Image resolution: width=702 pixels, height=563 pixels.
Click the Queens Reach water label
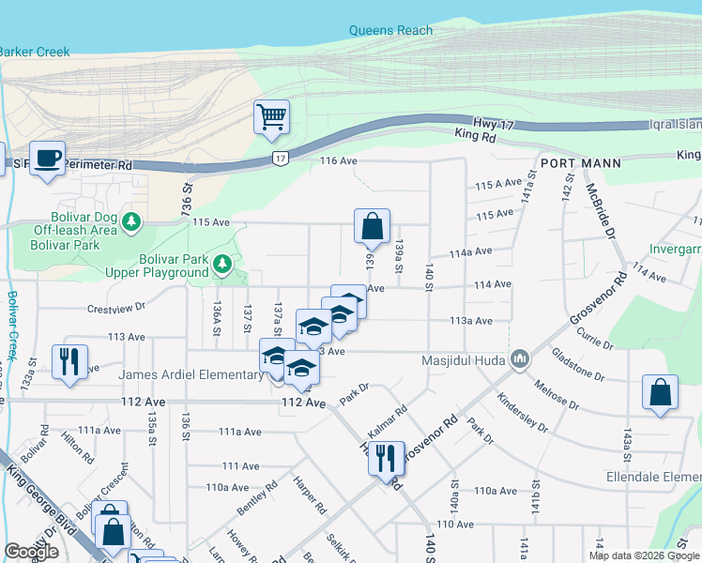pos(390,30)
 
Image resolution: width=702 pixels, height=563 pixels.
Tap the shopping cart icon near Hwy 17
pos(271,118)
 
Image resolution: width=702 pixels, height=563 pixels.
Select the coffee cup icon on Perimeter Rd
pos(47,158)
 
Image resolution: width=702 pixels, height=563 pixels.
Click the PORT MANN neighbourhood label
pos(581,162)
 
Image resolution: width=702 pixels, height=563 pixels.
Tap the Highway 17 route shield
pos(280,159)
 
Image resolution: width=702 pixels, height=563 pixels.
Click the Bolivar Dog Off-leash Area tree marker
pos(133,221)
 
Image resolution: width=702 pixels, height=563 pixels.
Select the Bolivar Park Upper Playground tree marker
pos(222,264)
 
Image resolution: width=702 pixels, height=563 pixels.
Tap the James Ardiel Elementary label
pos(179,375)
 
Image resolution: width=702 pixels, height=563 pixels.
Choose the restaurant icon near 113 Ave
pos(69,361)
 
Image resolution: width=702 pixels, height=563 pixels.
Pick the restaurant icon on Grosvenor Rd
pos(386,459)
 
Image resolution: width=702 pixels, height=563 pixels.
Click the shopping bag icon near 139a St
pos(372,226)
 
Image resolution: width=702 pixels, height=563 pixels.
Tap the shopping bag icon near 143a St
pos(660,393)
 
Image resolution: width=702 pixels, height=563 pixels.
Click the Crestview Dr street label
pos(116,307)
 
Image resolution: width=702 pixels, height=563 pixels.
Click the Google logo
pos(31,553)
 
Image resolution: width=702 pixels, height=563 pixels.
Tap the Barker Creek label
pos(35,52)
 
